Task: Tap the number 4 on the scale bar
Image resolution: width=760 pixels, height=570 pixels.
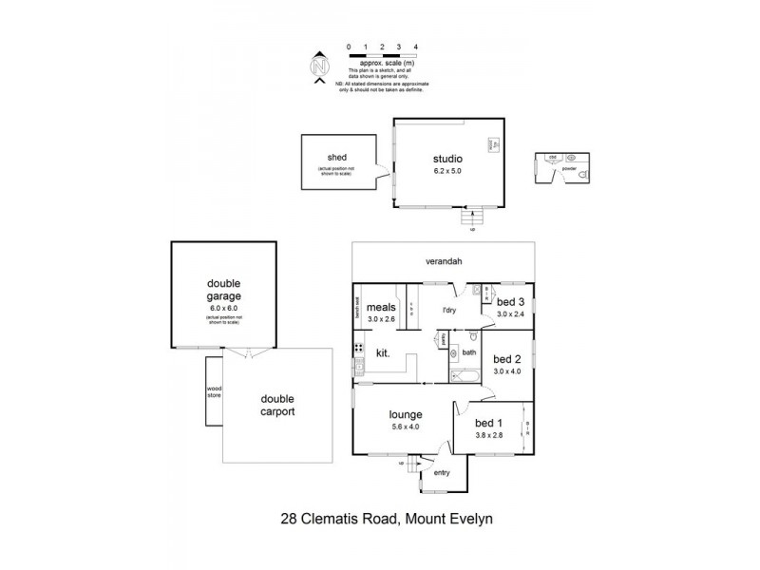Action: [x=415, y=46]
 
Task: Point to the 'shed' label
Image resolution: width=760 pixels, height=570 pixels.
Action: [x=336, y=157]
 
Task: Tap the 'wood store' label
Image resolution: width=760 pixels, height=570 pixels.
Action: [x=214, y=390]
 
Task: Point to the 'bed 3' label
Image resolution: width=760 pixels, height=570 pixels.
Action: [x=510, y=302]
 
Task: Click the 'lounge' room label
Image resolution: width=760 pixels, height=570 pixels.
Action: [x=405, y=415]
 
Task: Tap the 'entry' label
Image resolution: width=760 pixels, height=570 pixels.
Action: [x=442, y=472]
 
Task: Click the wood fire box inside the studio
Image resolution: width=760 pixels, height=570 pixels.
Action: [x=493, y=143]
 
